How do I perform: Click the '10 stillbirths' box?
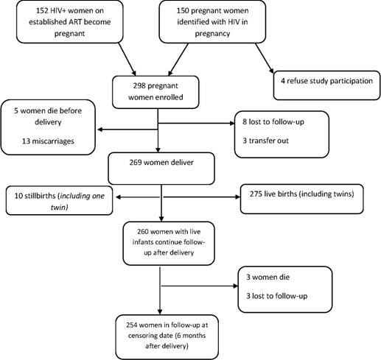coord(56,202)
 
